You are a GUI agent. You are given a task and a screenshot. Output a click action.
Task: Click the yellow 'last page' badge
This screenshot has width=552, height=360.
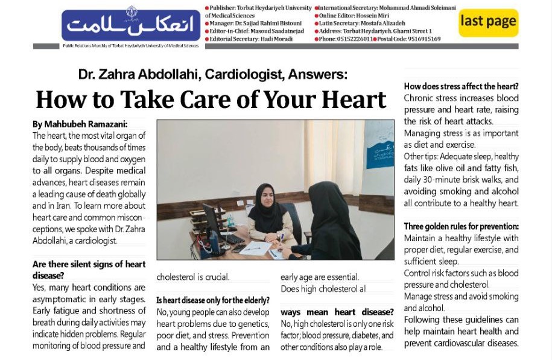[x=488, y=22]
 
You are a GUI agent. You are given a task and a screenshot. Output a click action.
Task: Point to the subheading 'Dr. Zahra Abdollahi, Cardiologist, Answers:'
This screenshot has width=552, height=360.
[x=213, y=75]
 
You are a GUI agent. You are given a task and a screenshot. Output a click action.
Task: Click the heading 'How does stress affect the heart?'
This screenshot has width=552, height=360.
[x=461, y=86]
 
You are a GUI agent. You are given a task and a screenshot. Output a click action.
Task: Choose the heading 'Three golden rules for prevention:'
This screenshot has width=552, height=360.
[x=461, y=227]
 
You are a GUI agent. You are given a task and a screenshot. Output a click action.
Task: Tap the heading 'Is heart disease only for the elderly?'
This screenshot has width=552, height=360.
[x=212, y=300]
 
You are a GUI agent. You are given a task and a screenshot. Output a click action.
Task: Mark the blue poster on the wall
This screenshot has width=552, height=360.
[x=379, y=144]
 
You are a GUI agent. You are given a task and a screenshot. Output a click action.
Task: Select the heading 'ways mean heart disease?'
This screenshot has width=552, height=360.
[x=337, y=312]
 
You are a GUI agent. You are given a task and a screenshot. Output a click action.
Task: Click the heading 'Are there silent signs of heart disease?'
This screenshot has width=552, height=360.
[x=89, y=269]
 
